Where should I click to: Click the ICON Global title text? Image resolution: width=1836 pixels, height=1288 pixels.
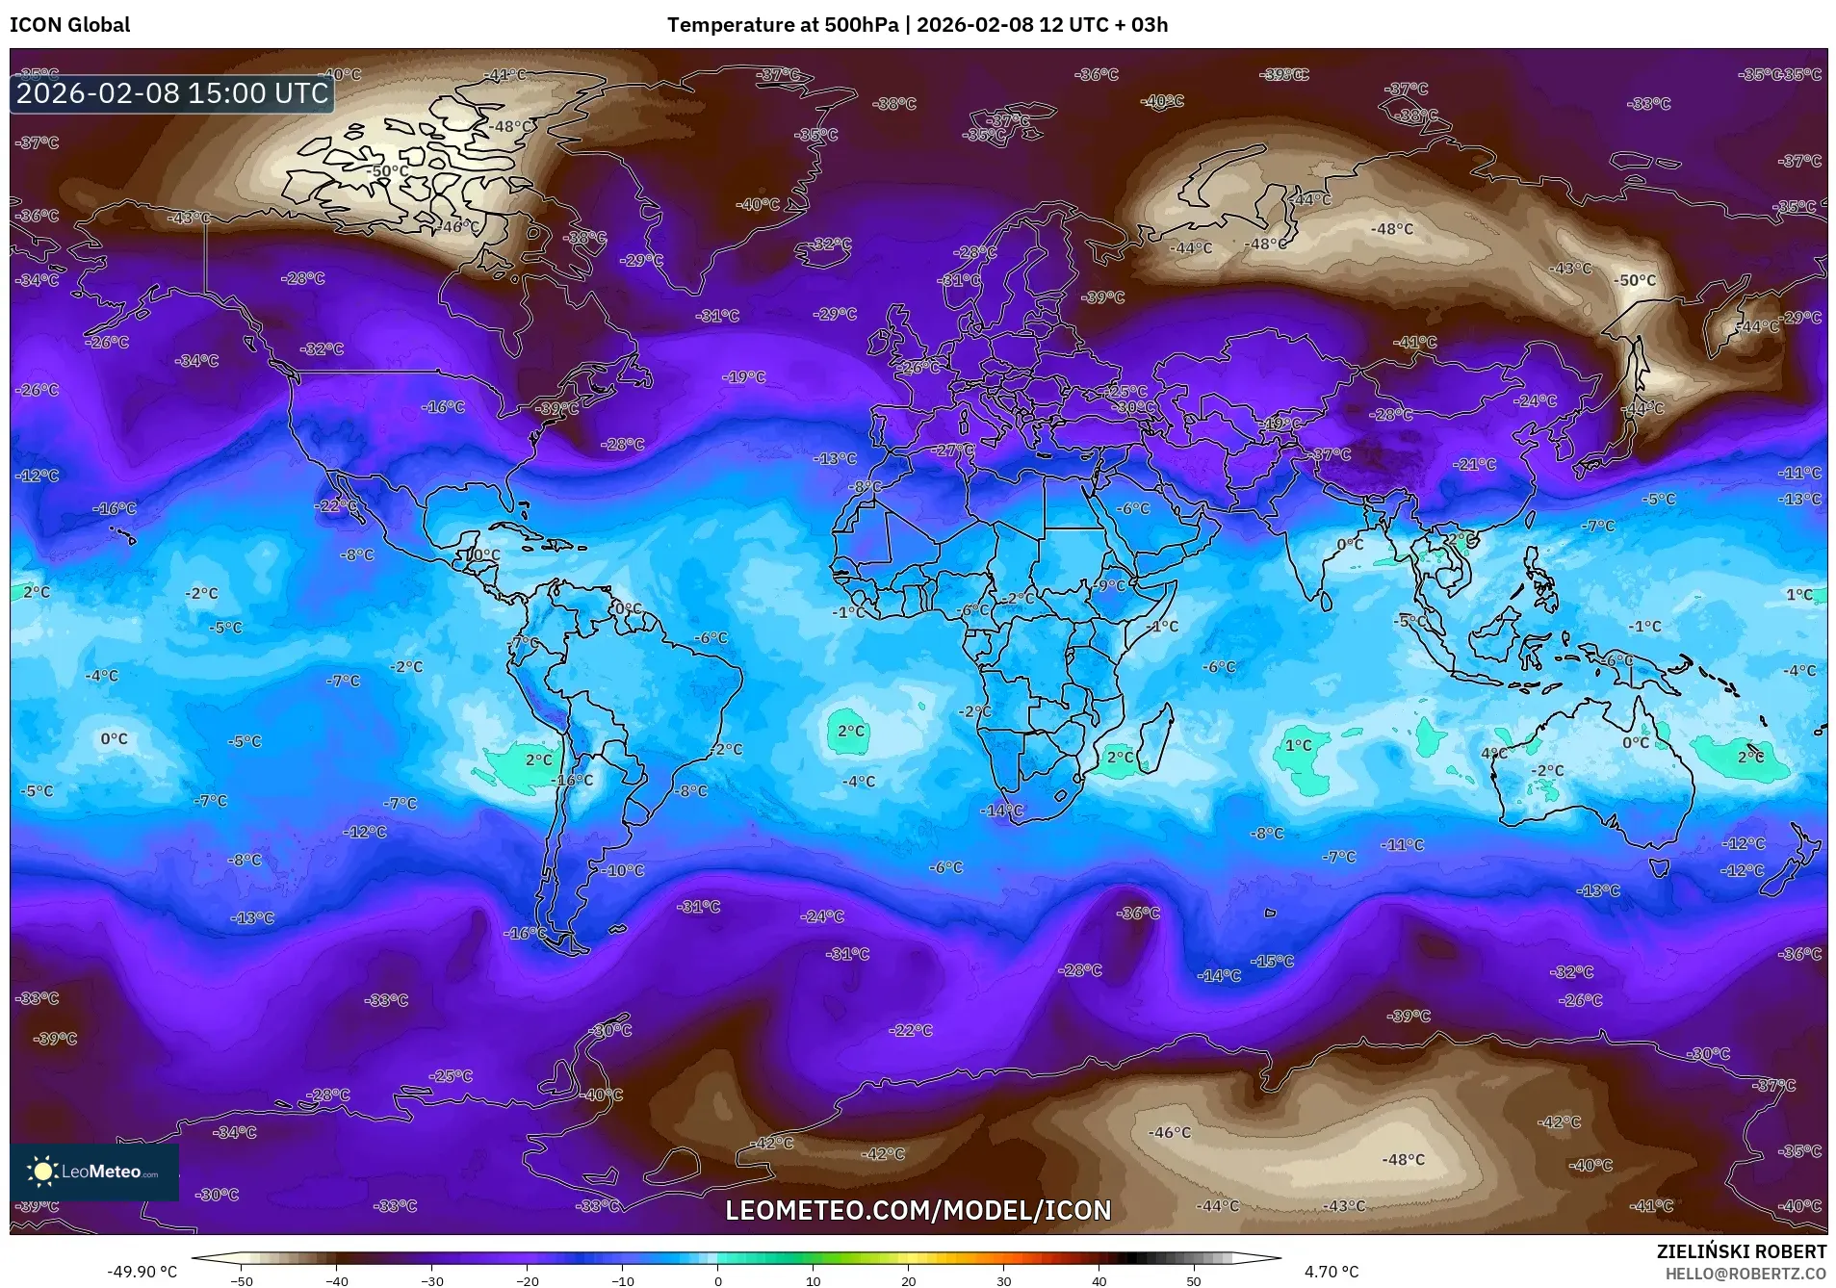point(69,25)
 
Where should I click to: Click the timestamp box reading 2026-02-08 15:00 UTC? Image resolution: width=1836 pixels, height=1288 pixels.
point(172,93)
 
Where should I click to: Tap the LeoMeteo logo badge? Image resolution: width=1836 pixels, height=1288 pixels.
point(94,1172)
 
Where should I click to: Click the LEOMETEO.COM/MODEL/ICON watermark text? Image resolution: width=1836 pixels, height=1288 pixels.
point(918,1210)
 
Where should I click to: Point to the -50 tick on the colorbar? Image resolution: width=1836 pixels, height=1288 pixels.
point(242,1280)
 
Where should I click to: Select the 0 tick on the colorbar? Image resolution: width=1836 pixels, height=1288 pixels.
point(718,1280)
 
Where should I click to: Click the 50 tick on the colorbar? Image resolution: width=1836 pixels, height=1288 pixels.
point(1194,1280)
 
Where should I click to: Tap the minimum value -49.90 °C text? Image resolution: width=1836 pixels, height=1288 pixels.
point(142,1272)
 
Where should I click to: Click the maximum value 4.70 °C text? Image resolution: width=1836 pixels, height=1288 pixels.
point(1332,1272)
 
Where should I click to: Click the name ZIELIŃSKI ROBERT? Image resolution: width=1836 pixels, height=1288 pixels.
point(1741,1251)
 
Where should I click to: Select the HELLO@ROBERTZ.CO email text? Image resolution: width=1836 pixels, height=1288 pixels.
point(1745,1273)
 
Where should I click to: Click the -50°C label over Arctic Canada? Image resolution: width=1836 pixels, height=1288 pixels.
point(388,171)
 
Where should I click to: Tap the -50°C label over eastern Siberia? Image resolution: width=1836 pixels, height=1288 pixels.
point(1636,280)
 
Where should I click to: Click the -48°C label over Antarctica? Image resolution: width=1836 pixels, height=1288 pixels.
point(1403,1159)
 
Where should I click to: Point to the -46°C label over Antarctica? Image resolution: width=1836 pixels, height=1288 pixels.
point(1169,1132)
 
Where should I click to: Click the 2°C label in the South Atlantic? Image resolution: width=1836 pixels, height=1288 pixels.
point(850,731)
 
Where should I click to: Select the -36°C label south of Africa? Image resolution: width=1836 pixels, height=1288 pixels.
point(1139,913)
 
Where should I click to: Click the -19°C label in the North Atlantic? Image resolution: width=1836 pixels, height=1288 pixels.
point(745,377)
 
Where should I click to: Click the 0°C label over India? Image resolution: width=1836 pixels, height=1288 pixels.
point(1350,544)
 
